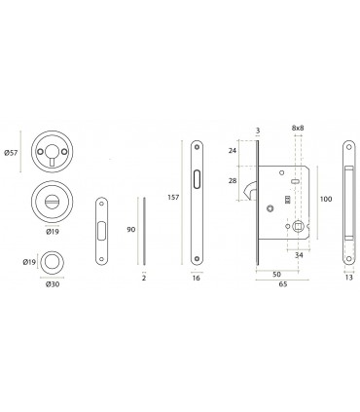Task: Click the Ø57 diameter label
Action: coord(11,152)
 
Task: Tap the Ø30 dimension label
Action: coord(53,284)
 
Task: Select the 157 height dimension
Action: coord(173,197)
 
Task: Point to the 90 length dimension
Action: coord(130,230)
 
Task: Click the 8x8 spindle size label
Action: coord(298,128)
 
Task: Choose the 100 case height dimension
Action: coord(326,199)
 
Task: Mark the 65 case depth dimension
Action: coord(283,284)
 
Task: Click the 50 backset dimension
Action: coord(276,275)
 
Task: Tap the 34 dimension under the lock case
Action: coord(299,255)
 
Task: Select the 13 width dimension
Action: coord(349,278)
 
